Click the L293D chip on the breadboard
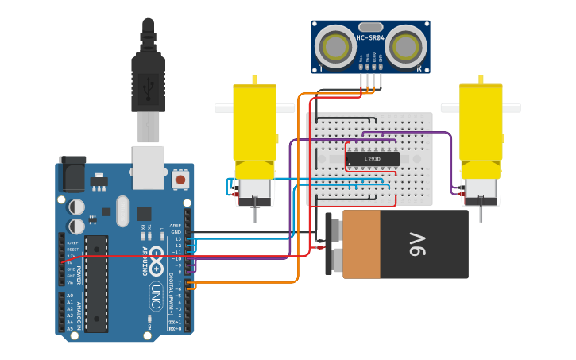point(371,158)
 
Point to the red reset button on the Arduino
point(180,180)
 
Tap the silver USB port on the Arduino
point(149,166)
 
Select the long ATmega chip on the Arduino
point(96,282)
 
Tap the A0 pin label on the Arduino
point(70,295)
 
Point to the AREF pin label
point(176,226)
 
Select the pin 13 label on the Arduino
point(178,239)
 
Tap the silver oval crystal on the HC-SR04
point(371,28)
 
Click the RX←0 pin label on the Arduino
point(176,327)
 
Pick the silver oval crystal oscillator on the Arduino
point(122,211)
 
